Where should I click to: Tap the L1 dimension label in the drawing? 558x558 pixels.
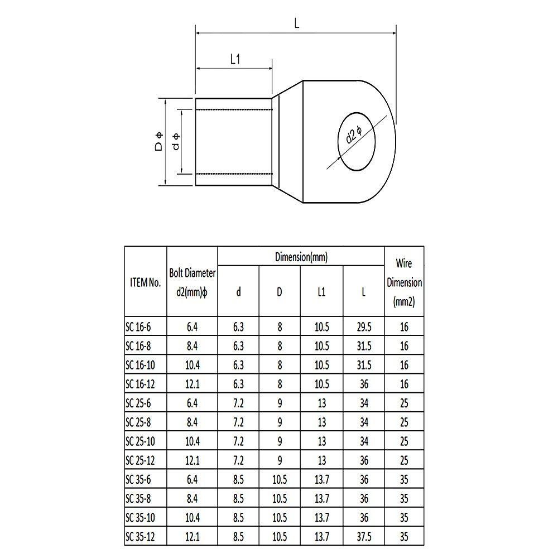(235, 60)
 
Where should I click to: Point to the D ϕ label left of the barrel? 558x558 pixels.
(158, 142)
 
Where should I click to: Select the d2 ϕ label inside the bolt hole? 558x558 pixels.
(354, 135)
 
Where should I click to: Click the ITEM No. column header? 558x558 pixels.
(145, 282)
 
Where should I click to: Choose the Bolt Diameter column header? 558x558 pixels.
(192, 282)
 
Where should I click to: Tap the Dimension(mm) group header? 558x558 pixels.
(301, 257)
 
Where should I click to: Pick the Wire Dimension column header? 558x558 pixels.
(404, 282)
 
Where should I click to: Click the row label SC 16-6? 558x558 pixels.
(138, 327)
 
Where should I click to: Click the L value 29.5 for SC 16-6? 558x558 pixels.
(363, 327)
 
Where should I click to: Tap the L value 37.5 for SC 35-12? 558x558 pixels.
(363, 537)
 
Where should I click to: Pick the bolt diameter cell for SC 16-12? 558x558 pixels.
(192, 384)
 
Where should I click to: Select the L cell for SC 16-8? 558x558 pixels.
(363, 346)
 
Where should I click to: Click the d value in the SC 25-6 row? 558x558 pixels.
(238, 403)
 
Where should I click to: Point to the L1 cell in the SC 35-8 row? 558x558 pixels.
(321, 499)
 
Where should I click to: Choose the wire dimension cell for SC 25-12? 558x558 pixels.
(404, 460)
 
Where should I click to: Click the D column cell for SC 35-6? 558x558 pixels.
(280, 480)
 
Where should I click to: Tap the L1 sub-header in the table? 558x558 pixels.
(321, 291)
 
